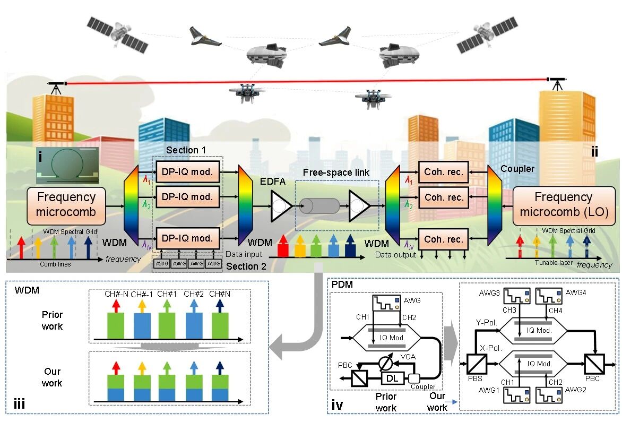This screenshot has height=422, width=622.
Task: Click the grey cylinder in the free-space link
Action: pyautogui.click(x=319, y=206)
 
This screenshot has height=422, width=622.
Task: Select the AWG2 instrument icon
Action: pyautogui.click(x=551, y=399)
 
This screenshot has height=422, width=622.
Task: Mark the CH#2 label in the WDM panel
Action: pyautogui.click(x=194, y=294)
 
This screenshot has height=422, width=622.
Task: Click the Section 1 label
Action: pyautogui.click(x=186, y=150)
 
